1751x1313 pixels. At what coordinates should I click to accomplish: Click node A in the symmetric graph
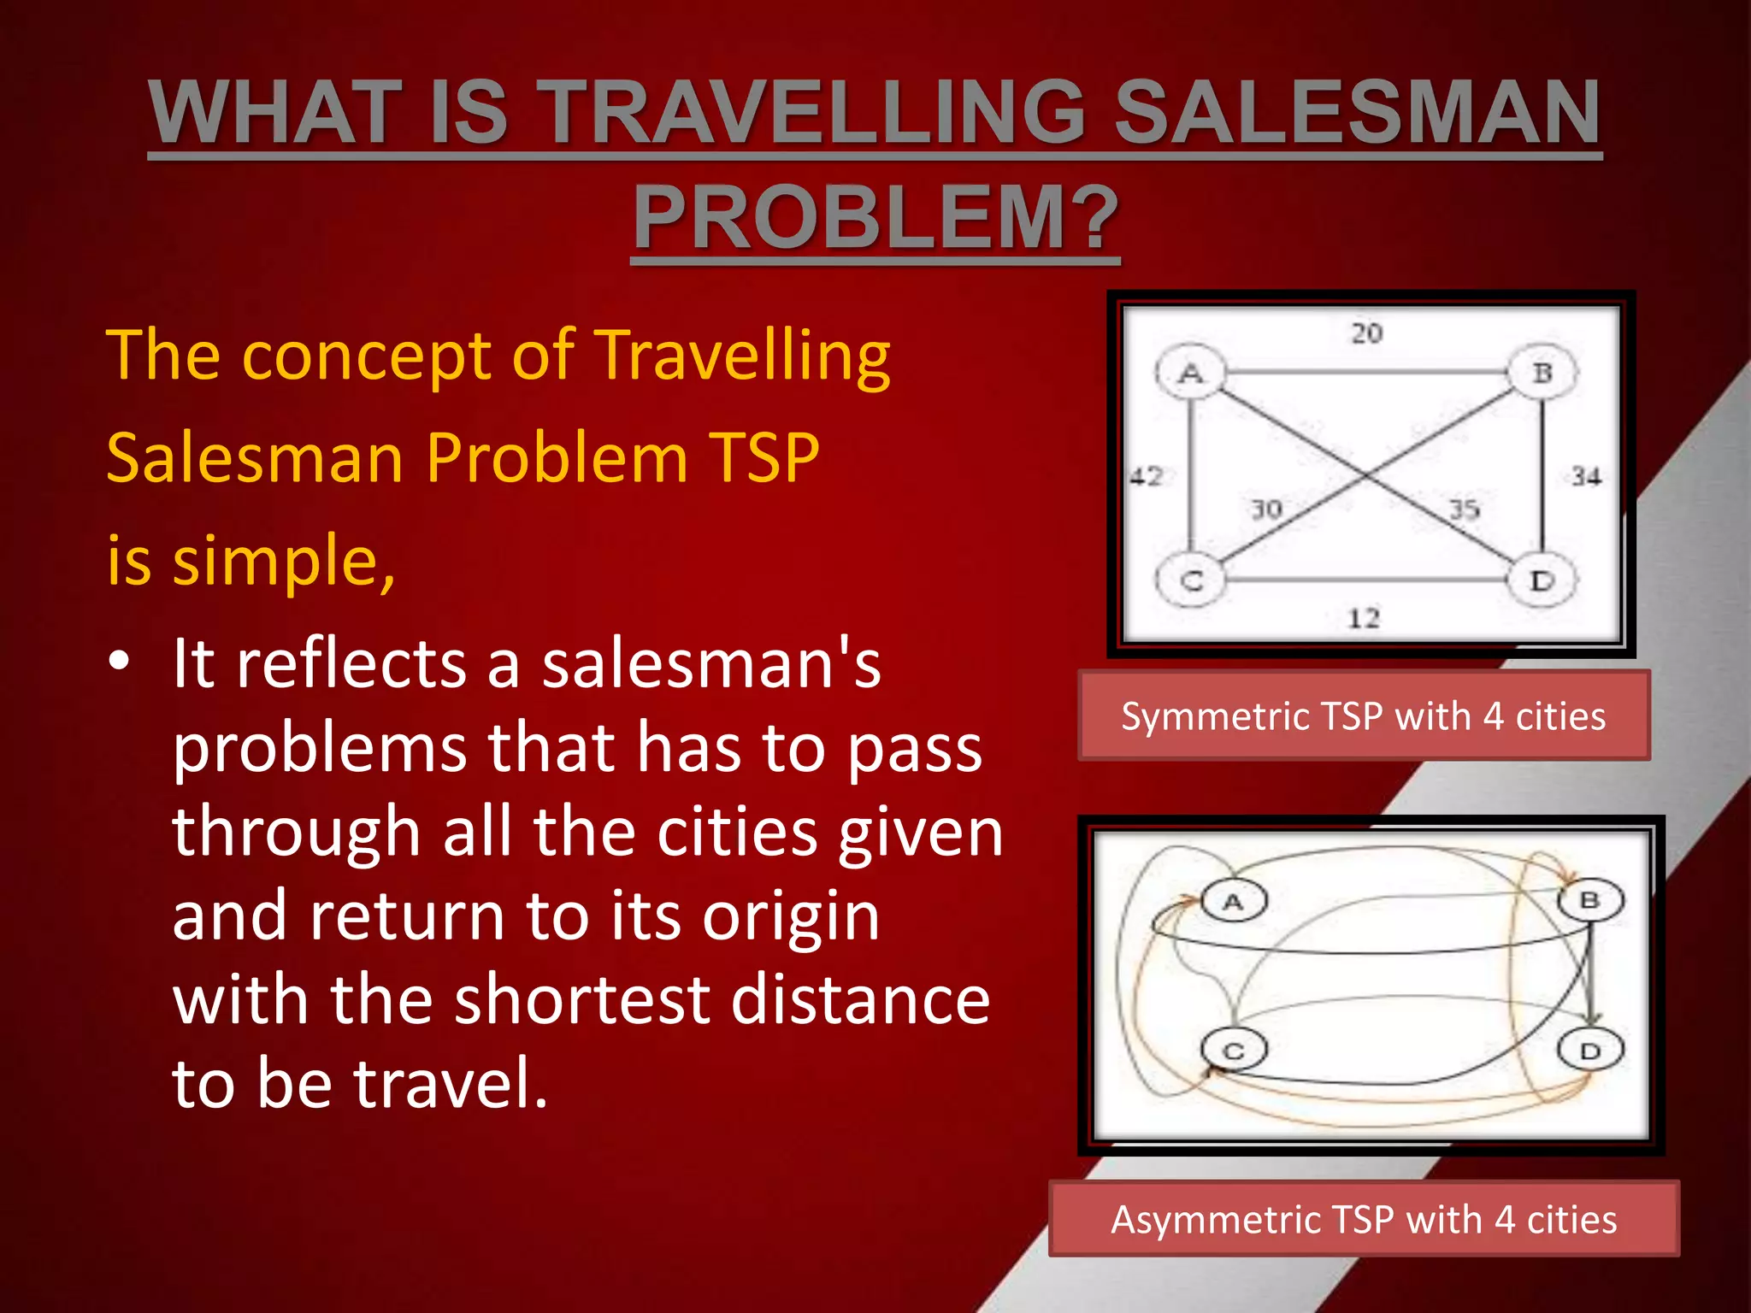click(x=1190, y=373)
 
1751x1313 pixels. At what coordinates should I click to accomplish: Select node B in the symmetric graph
click(x=1542, y=373)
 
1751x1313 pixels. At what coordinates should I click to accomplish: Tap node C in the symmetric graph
click(x=1191, y=581)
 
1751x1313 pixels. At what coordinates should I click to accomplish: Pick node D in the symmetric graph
click(x=1542, y=581)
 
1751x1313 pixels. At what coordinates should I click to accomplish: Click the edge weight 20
click(x=1366, y=333)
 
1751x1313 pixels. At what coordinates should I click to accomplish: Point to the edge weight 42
click(x=1147, y=476)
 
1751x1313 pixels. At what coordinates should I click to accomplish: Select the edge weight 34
click(x=1586, y=476)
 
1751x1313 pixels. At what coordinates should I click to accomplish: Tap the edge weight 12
click(x=1364, y=617)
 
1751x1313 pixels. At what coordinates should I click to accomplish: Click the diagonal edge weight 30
click(x=1266, y=509)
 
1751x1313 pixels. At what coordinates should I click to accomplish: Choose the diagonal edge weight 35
click(x=1464, y=509)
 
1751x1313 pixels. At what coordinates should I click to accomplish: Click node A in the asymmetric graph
click(x=1233, y=901)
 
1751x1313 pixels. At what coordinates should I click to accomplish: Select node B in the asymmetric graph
click(x=1589, y=900)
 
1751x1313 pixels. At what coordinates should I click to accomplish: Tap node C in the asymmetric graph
click(x=1233, y=1051)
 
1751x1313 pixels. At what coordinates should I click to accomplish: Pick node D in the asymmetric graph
click(x=1589, y=1051)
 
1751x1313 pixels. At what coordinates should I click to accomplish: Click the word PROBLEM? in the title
click(x=875, y=217)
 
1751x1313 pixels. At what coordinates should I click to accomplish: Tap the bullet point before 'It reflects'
click(x=119, y=662)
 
